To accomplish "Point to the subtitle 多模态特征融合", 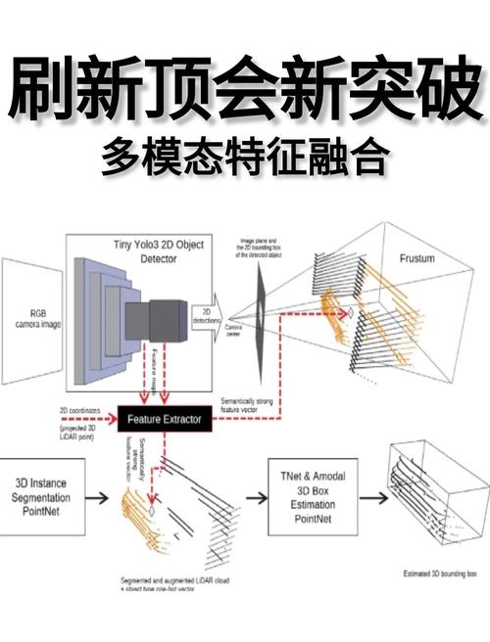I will pos(244,158).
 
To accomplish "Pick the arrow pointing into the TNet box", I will pos(256,497).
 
